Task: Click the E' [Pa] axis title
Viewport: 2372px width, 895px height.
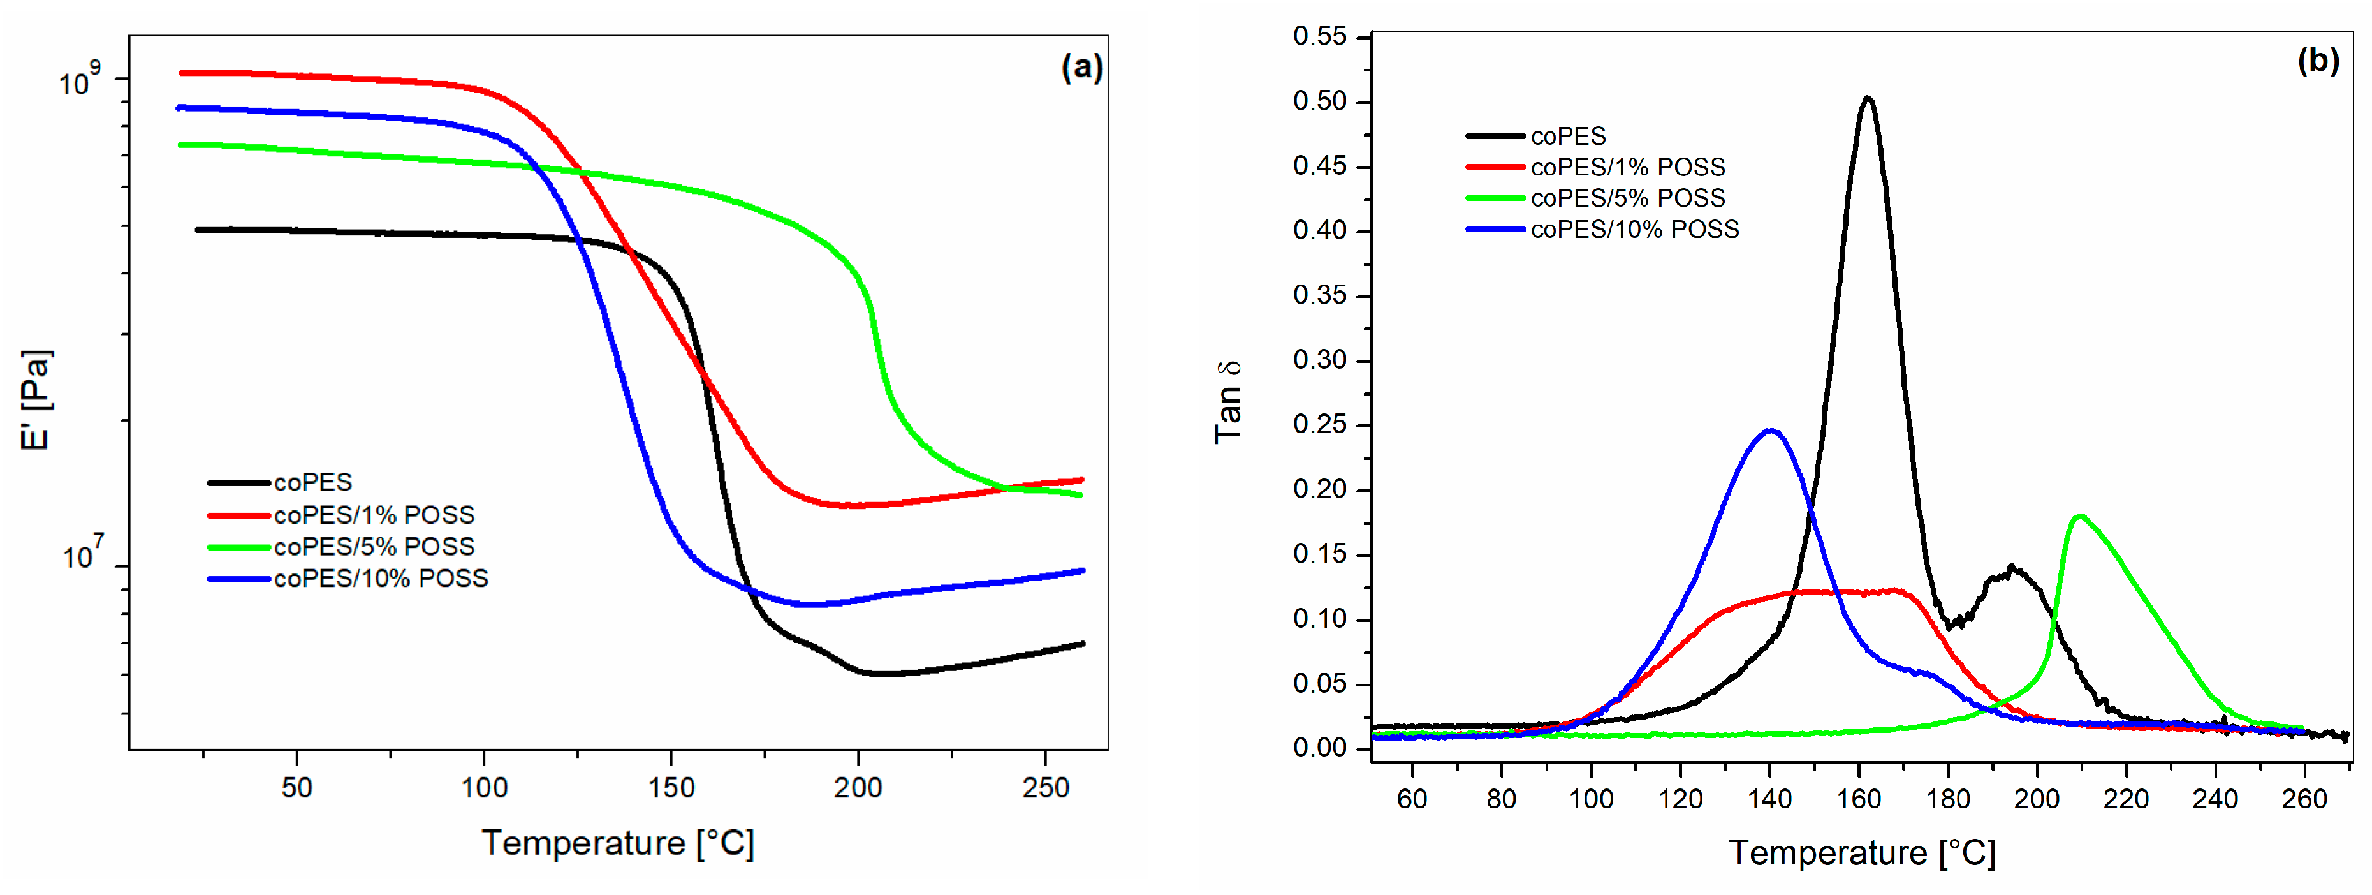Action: click(x=36, y=401)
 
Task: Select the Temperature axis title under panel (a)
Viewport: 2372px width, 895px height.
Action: click(x=618, y=843)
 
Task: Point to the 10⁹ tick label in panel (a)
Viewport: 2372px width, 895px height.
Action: click(x=78, y=81)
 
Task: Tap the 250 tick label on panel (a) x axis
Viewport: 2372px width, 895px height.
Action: click(x=1044, y=788)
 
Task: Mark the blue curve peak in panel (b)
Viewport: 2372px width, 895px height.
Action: click(x=1770, y=431)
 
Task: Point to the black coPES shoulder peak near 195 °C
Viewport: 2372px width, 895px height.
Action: click(x=2012, y=569)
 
